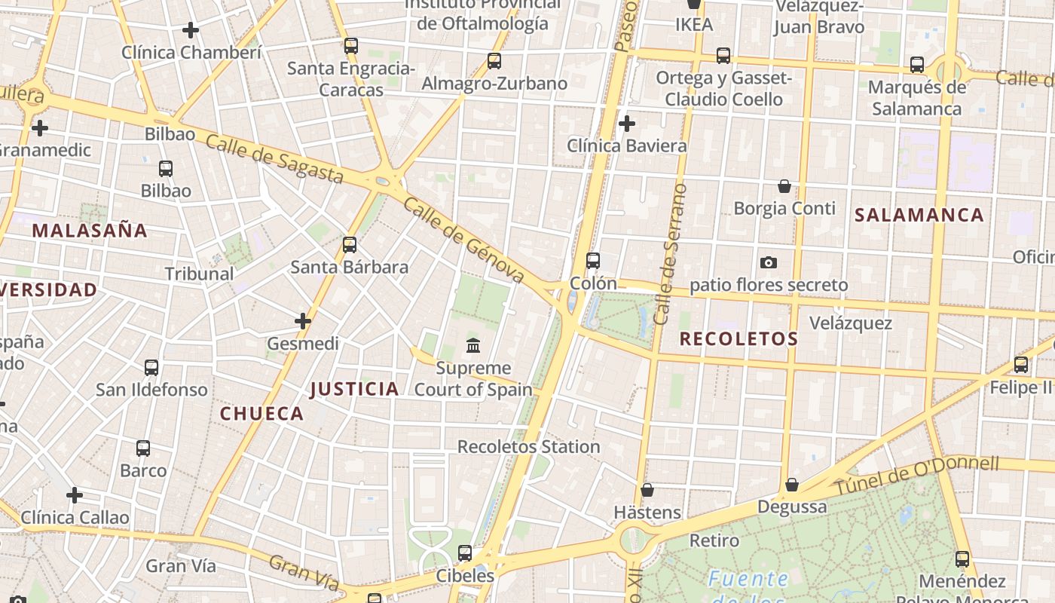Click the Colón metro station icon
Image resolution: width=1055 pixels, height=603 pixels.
click(593, 261)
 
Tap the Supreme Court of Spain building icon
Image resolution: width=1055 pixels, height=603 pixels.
click(473, 346)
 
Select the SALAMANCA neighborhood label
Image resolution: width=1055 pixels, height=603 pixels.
click(919, 215)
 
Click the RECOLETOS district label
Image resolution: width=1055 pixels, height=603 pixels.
click(738, 339)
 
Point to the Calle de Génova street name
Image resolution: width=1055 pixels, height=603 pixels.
click(463, 240)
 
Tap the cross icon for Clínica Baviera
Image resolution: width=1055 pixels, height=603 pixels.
click(626, 124)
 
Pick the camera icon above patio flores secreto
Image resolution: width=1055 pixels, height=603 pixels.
click(769, 262)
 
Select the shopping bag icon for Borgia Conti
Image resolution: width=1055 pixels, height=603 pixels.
click(784, 186)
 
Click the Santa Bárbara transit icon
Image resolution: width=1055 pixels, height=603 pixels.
click(349, 244)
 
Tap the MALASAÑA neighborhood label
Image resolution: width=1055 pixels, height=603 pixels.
click(90, 231)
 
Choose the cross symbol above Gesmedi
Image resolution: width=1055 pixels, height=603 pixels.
click(303, 321)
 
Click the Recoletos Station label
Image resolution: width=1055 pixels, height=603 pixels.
click(528, 447)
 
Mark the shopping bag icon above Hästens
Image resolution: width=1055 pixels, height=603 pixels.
click(647, 491)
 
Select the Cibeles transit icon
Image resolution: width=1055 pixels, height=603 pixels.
click(465, 553)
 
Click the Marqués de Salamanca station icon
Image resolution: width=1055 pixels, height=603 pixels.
click(916, 65)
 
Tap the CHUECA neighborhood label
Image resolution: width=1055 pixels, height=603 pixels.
click(261, 413)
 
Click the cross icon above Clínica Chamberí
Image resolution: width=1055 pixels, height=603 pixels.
click(191, 30)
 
